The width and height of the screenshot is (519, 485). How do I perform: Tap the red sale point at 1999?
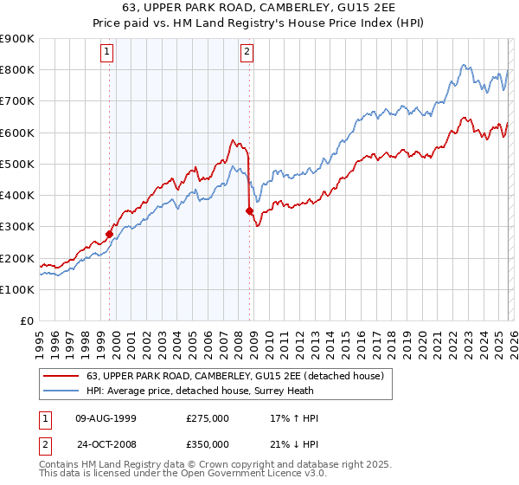coord(110,233)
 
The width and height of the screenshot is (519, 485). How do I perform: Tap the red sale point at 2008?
coord(250,210)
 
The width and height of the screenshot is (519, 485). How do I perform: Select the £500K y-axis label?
coord(17,164)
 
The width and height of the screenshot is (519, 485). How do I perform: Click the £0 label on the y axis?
coord(26,320)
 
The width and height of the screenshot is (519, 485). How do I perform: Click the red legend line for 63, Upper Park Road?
coord(61,376)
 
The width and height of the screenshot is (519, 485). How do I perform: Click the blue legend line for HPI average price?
coord(61,391)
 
